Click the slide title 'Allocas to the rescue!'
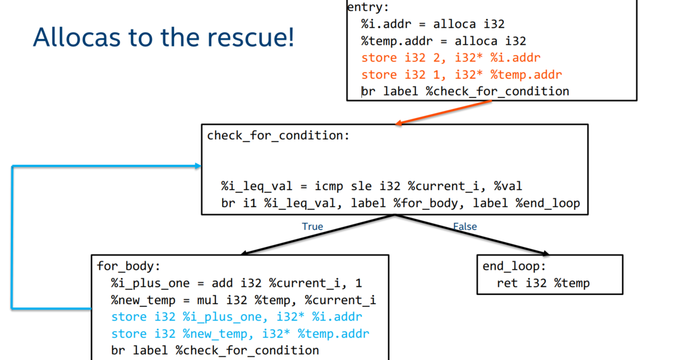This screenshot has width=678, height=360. pyautogui.click(x=163, y=37)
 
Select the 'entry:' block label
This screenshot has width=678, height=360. pyautogui.click(x=368, y=7)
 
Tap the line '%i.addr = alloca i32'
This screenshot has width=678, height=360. pyautogui.click(x=432, y=24)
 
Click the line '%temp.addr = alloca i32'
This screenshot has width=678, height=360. pyautogui.click(x=443, y=41)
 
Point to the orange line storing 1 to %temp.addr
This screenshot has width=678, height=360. pyautogui.click(x=461, y=75)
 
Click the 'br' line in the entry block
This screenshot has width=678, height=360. pyautogui.click(x=465, y=91)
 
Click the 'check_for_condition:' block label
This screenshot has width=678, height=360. pyautogui.click(x=278, y=135)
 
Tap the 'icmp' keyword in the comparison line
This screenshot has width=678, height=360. pyautogui.click(x=329, y=187)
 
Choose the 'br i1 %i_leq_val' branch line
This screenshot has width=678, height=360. pyautogui.click(x=400, y=204)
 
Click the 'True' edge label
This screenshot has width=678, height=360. pyautogui.click(x=312, y=226)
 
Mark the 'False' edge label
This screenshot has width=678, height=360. pyautogui.click(x=465, y=226)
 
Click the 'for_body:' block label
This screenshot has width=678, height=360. pyautogui.click(x=129, y=266)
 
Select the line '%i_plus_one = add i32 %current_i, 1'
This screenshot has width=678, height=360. pyautogui.click(x=236, y=283)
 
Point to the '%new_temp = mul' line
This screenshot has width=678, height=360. pyautogui.click(x=243, y=300)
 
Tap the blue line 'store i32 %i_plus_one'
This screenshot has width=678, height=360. pyautogui.click(x=236, y=317)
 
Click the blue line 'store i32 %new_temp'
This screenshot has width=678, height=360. pyautogui.click(x=240, y=334)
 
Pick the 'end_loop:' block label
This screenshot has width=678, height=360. pyautogui.click(x=514, y=266)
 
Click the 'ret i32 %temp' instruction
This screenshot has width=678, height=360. pyautogui.click(x=543, y=283)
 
